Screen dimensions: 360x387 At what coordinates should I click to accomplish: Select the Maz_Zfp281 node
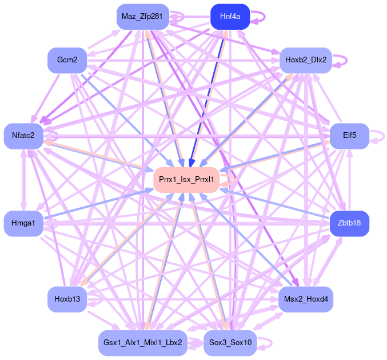(x=142, y=16)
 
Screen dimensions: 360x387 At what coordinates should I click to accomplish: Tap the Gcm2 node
(x=66, y=60)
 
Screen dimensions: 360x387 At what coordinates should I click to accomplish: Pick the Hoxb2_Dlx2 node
(x=306, y=60)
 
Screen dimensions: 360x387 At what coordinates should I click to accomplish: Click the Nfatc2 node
(x=23, y=136)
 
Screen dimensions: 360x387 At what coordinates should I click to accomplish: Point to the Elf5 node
(x=349, y=136)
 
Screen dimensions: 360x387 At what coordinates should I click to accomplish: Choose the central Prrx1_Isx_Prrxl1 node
(x=186, y=180)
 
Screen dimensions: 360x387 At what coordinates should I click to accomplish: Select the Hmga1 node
(x=23, y=223)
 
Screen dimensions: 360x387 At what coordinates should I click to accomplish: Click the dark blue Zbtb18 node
(x=349, y=223)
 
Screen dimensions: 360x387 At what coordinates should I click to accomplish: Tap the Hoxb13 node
(x=66, y=299)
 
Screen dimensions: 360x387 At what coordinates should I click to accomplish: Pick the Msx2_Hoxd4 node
(x=306, y=299)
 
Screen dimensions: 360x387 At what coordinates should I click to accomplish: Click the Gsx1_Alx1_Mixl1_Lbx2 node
(x=142, y=343)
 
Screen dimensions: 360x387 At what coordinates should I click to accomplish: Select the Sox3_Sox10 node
(x=230, y=343)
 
